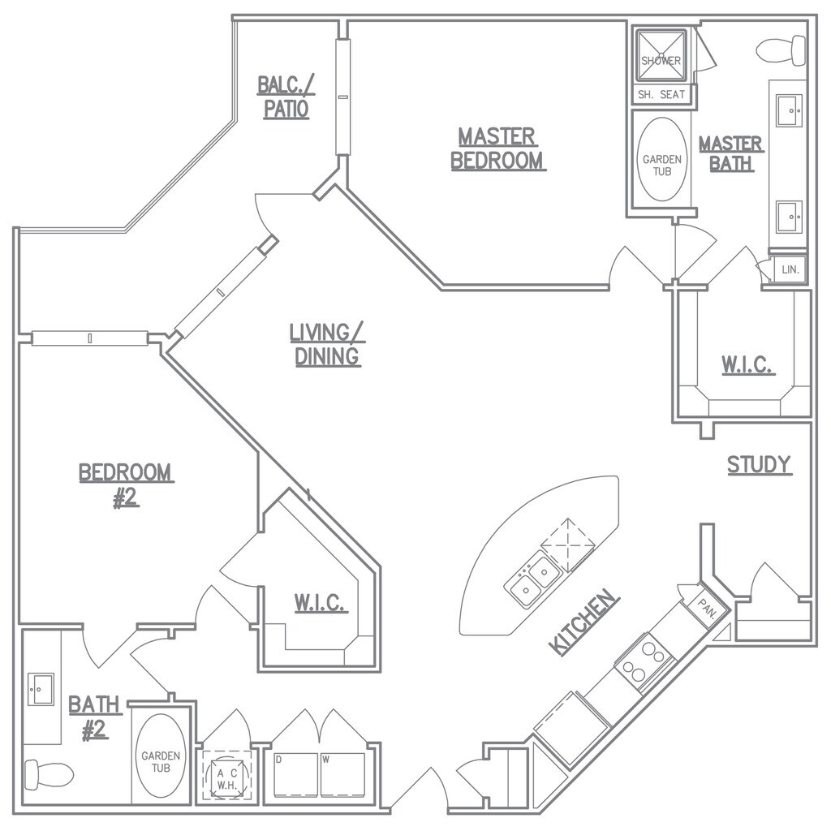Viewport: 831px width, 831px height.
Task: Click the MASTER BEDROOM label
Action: click(x=497, y=148)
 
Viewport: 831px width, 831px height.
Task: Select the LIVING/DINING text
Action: click(x=327, y=344)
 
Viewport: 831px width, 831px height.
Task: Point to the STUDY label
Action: click(x=759, y=465)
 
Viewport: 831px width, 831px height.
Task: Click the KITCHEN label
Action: click(x=584, y=622)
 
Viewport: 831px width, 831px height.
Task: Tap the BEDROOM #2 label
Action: click(x=125, y=484)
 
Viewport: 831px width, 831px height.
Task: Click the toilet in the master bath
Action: click(x=781, y=50)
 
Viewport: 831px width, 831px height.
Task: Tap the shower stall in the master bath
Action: click(x=661, y=56)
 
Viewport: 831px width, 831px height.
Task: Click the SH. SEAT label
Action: click(x=661, y=95)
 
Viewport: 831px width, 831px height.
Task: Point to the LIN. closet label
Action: click(x=790, y=269)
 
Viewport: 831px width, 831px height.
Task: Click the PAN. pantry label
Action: click(x=703, y=605)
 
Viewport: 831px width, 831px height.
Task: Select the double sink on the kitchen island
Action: click(x=533, y=579)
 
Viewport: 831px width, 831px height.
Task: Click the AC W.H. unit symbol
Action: click(x=226, y=778)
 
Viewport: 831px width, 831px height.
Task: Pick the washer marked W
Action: click(x=344, y=775)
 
